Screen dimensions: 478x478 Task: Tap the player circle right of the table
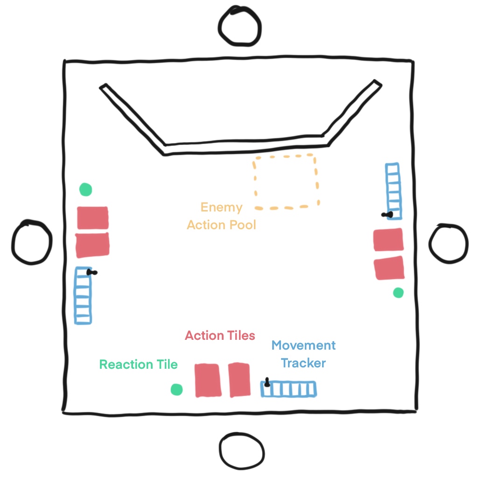click(448, 243)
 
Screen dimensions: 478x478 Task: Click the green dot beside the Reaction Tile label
click(176, 389)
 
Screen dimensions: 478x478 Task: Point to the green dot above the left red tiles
click(85, 190)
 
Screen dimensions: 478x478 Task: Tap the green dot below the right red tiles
click(398, 293)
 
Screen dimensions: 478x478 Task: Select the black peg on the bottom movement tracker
click(267, 383)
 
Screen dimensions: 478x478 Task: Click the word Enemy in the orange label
click(221, 208)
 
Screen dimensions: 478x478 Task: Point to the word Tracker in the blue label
click(303, 363)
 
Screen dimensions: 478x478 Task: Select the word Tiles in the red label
click(240, 335)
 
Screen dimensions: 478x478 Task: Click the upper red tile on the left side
click(92, 218)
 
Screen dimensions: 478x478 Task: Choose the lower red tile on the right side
click(389, 268)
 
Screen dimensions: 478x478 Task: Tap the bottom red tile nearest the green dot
click(207, 380)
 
